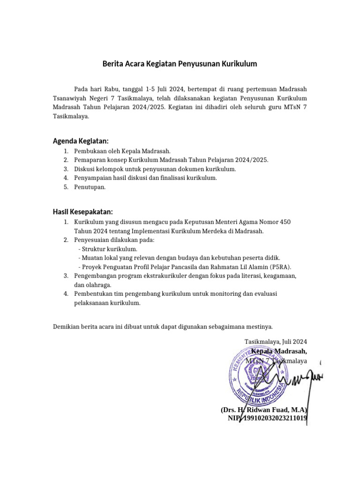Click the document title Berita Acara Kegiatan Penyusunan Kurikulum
[180, 64]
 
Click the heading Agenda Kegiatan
[81, 141]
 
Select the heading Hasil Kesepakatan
[82, 212]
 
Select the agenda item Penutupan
[90, 187]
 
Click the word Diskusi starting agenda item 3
[85, 169]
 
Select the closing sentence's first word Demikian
[67, 326]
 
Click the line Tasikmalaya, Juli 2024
[276, 342]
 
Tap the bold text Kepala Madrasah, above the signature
[279, 351]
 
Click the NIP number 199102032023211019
[274, 418]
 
